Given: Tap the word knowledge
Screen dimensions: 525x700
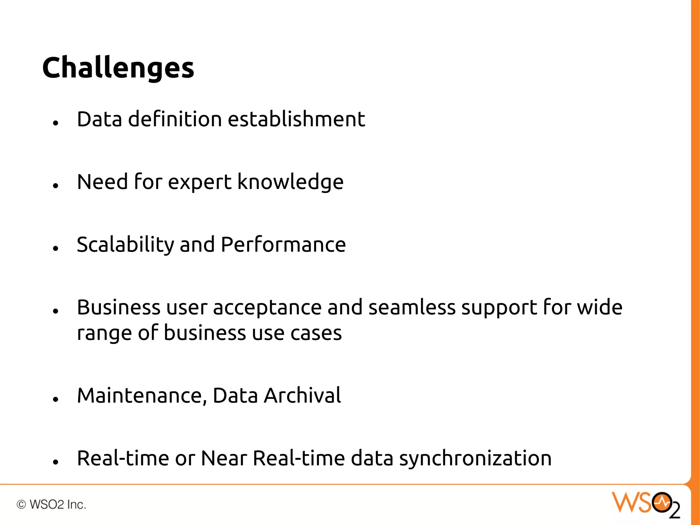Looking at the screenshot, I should (290, 182).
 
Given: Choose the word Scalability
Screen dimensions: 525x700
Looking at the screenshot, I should (125, 245).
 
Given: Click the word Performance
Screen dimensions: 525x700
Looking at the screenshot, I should (283, 245).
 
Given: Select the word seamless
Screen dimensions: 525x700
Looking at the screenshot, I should (412, 307).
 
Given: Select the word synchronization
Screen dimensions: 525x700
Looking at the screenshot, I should (475, 459).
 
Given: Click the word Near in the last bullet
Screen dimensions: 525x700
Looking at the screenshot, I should (224, 458).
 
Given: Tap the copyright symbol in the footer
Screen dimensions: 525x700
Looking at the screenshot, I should (21, 504).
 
